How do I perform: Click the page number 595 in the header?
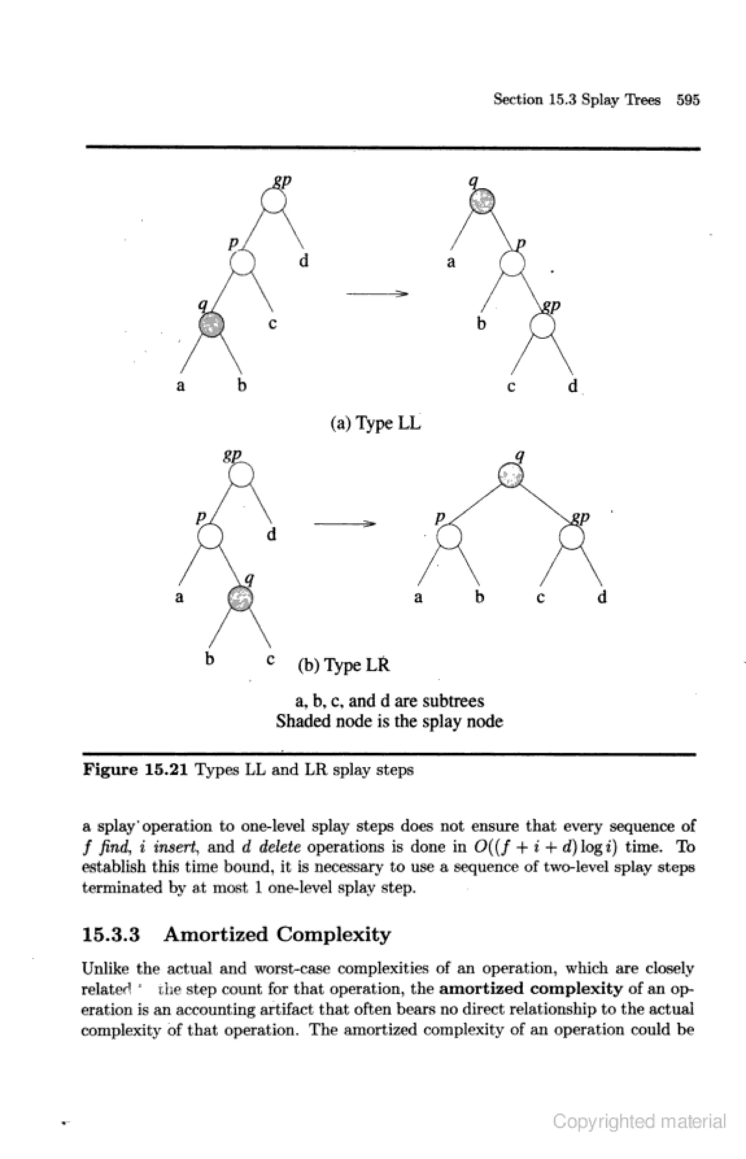[688, 100]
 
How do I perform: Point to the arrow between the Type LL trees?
[377, 294]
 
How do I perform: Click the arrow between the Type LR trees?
[345, 524]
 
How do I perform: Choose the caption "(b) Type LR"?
[343, 665]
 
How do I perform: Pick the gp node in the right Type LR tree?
[572, 537]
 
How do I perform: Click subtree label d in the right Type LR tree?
[602, 597]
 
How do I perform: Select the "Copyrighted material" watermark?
[639, 1121]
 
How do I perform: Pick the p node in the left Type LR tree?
[210, 537]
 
